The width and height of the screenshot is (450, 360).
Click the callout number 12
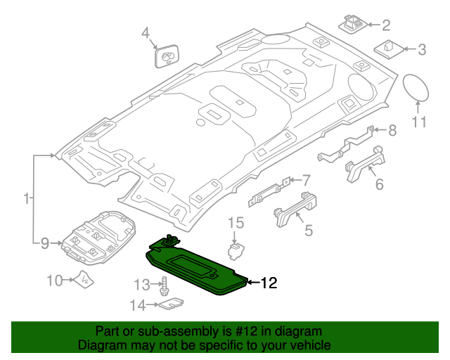pyautogui.click(x=269, y=283)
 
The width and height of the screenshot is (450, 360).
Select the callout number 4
pyautogui.click(x=146, y=32)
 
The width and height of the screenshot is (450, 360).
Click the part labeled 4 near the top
pyautogui.click(x=166, y=56)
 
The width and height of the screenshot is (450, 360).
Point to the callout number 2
pyautogui.click(x=386, y=26)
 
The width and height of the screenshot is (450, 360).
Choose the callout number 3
pyautogui.click(x=422, y=49)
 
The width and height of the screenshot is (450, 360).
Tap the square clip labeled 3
pyautogui.click(x=389, y=49)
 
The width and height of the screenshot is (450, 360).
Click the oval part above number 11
pyautogui.click(x=418, y=88)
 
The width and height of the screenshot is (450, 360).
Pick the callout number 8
pyautogui.click(x=392, y=130)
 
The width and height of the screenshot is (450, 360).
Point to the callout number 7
pyautogui.click(x=306, y=179)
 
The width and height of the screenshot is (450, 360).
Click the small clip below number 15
pyautogui.click(x=237, y=250)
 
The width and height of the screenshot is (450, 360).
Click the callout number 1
pyautogui.click(x=26, y=200)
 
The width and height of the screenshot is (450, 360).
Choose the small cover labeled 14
pyautogui.click(x=170, y=304)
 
